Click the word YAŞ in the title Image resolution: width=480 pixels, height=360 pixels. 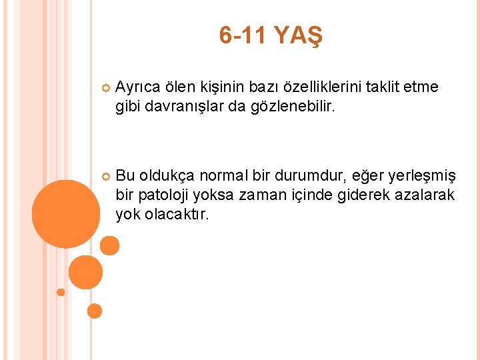pyautogui.click(x=299, y=37)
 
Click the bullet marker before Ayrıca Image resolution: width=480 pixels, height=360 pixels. pyautogui.click(x=104, y=88)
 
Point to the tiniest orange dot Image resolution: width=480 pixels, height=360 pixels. pyautogui.click(x=61, y=292)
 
